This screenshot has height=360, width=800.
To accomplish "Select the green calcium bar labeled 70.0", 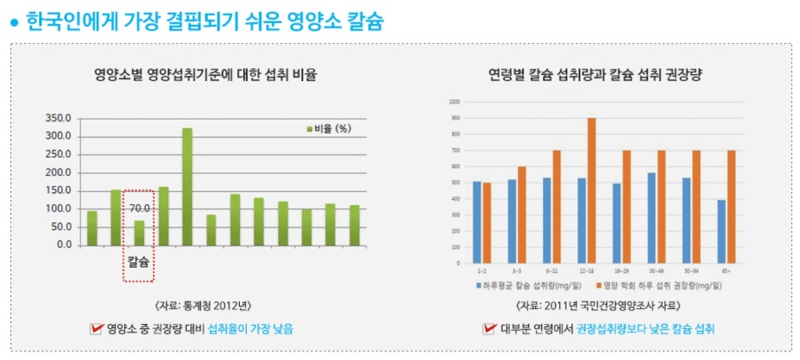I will tap(139, 232).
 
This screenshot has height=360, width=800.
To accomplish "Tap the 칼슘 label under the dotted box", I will tap(139, 262).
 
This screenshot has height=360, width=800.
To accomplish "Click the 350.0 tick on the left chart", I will tap(59, 118).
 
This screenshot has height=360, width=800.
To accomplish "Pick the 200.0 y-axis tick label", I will tap(59, 173).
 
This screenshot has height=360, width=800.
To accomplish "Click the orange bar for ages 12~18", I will tap(591, 191).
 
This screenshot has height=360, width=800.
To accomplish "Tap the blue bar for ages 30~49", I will tap(652, 219).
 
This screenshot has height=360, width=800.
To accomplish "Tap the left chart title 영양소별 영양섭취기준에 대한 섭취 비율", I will tap(206, 76).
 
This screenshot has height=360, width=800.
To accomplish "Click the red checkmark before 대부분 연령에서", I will tap(490, 329).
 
